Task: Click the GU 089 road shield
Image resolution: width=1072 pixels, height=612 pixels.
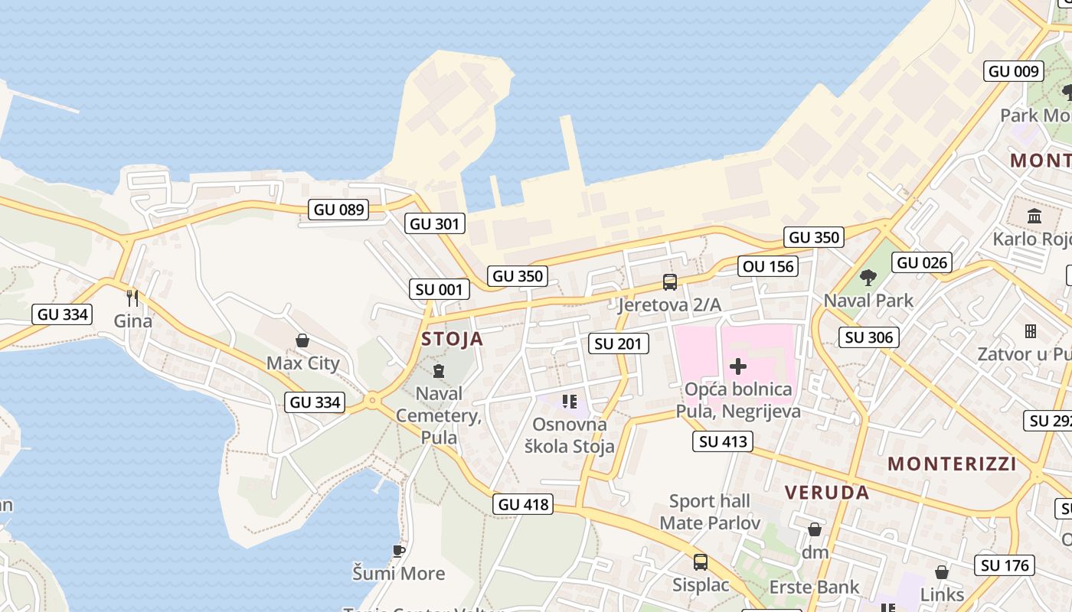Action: point(338,209)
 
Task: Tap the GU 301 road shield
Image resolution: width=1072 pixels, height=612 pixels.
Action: point(435,223)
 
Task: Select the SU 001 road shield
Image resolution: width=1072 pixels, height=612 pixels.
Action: point(440,289)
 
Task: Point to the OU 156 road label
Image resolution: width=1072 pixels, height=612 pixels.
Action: point(769,266)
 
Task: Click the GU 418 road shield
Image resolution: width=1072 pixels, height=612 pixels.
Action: point(523,504)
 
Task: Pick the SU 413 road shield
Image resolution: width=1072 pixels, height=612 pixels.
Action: point(724,441)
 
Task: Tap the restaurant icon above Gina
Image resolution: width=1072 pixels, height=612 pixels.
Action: point(133,297)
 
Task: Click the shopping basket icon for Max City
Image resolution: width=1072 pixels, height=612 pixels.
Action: point(302,340)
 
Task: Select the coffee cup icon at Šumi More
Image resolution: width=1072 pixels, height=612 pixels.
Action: point(398,550)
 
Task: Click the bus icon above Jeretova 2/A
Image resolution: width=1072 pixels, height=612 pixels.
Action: point(670,282)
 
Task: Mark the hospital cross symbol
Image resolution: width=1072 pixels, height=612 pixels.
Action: point(738,366)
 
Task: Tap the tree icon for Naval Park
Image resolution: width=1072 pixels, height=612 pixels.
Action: point(868,277)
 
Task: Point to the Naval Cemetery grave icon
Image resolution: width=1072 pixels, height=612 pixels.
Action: point(439,372)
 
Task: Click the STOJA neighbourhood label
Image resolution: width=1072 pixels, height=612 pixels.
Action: point(452,339)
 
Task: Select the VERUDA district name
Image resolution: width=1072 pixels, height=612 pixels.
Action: point(827,492)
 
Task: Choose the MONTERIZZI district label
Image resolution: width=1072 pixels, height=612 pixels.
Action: point(952,464)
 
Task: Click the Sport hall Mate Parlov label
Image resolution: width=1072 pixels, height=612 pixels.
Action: point(710,512)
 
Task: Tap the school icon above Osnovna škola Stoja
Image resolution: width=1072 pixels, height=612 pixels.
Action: point(569,401)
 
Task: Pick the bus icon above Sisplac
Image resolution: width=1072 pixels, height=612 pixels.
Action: point(700,562)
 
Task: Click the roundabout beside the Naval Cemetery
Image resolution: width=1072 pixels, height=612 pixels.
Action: point(372,399)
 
